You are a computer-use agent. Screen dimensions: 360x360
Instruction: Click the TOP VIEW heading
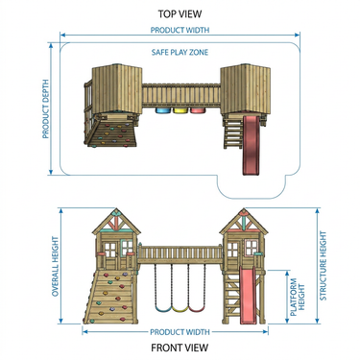pyautogui.click(x=180, y=14)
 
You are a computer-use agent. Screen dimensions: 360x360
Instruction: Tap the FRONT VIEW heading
pyautogui.click(x=180, y=348)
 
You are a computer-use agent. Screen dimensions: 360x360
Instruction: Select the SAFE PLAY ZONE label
pyautogui.click(x=180, y=52)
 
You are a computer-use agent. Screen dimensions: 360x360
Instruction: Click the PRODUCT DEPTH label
pyautogui.click(x=46, y=109)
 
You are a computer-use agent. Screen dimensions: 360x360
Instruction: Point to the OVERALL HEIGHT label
pyautogui.click(x=56, y=266)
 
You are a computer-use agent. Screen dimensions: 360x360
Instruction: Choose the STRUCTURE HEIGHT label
pyautogui.click(x=324, y=266)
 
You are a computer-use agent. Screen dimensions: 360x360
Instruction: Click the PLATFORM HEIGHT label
pyautogui.click(x=298, y=298)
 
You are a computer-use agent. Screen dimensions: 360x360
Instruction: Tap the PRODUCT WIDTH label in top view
pyautogui.click(x=180, y=30)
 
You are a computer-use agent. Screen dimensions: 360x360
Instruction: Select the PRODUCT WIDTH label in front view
pyautogui.click(x=180, y=332)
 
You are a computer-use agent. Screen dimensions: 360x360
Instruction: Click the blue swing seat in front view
pyautogui.click(x=163, y=309)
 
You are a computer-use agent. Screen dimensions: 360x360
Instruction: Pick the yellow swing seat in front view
pyautogui.click(x=180, y=309)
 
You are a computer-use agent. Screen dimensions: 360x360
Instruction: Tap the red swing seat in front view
pyautogui.click(x=197, y=309)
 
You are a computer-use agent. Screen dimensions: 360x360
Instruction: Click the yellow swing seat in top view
pyautogui.click(x=180, y=110)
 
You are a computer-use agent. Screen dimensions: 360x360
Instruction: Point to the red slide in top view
pyautogui.click(x=251, y=145)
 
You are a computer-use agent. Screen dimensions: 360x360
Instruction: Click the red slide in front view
pyautogui.click(x=248, y=296)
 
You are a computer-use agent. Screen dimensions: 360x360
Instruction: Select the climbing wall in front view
pyautogui.click(x=109, y=297)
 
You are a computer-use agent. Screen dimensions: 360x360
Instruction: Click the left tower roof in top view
pyautogui.click(x=117, y=88)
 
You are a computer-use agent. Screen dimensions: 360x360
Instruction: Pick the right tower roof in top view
pyautogui.click(x=246, y=89)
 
